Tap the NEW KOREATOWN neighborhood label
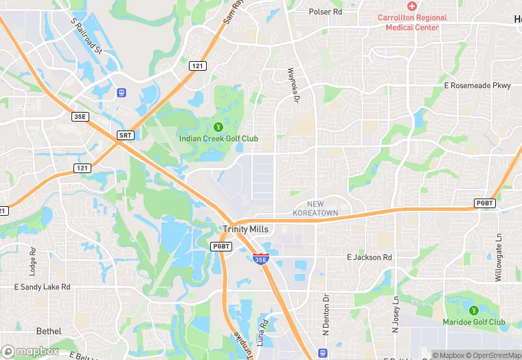pos(316,209)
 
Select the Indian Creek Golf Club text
pos(218,139)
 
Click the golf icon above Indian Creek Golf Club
pos(218,126)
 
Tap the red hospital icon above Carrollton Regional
pos(411,5)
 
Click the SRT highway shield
pos(125,135)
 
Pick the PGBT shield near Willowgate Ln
pos(485,203)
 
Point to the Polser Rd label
pos(326,12)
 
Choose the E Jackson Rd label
pos(369,258)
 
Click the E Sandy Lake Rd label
pos(41,286)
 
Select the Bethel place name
pos(49,330)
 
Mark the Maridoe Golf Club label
pos(474,322)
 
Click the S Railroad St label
pos(87,36)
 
